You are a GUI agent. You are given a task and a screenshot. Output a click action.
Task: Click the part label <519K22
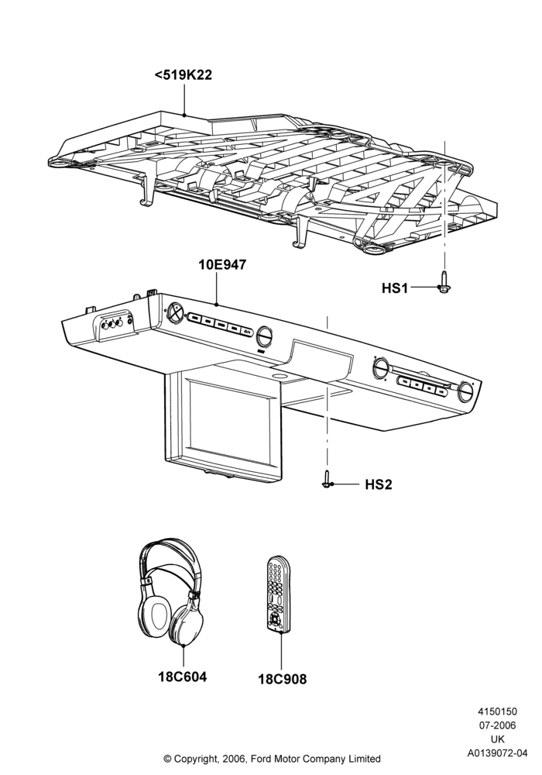tap(184, 75)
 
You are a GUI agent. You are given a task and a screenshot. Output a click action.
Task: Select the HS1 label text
tap(395, 288)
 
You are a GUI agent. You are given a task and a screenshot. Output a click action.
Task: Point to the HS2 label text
tap(379, 484)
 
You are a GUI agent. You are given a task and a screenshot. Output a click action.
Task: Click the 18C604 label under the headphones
tap(183, 676)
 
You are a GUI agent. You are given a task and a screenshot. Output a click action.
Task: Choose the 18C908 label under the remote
tap(283, 680)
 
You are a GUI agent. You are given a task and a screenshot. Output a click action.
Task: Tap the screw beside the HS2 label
tap(326, 480)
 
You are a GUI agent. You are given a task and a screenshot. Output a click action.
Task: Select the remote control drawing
tap(279, 594)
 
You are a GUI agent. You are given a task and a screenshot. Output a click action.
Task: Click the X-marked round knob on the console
tap(175, 312)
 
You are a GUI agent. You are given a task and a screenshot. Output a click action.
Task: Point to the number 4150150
tap(497, 711)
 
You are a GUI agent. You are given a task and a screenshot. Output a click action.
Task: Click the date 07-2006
tap(498, 725)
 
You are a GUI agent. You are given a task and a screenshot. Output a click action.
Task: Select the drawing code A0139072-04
tap(498, 753)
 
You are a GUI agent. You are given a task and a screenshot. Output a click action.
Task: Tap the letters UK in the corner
tap(498, 739)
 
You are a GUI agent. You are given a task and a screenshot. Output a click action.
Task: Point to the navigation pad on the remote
tap(274, 618)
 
